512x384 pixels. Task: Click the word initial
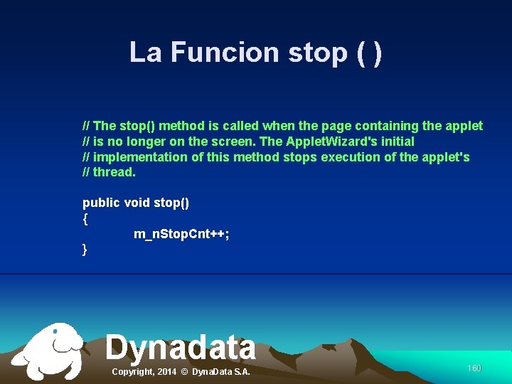point(394,142)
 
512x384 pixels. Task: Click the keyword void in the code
point(137,203)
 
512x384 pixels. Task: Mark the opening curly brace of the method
point(85,219)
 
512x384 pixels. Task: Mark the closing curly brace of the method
point(85,250)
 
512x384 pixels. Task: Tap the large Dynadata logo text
point(181,348)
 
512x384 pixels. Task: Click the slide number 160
point(474,368)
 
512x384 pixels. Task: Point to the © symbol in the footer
point(185,372)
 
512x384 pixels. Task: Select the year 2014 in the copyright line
point(167,372)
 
